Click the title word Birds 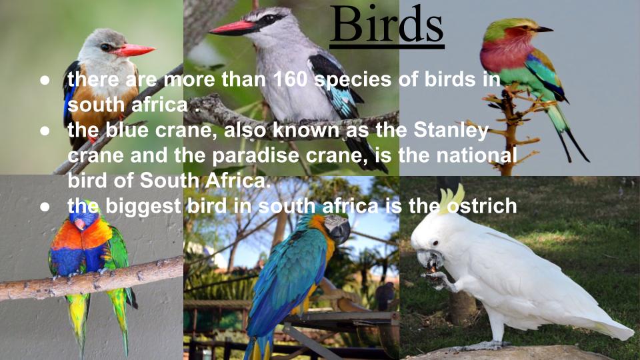(387, 25)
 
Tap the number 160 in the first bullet (290, 81)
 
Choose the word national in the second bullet (475, 155)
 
